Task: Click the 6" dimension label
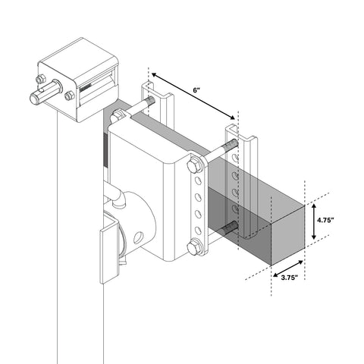(x=196, y=90)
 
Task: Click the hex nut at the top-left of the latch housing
(x=118, y=117)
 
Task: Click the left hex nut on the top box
(x=40, y=79)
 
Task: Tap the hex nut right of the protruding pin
(x=71, y=96)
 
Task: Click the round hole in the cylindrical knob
(x=138, y=237)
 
